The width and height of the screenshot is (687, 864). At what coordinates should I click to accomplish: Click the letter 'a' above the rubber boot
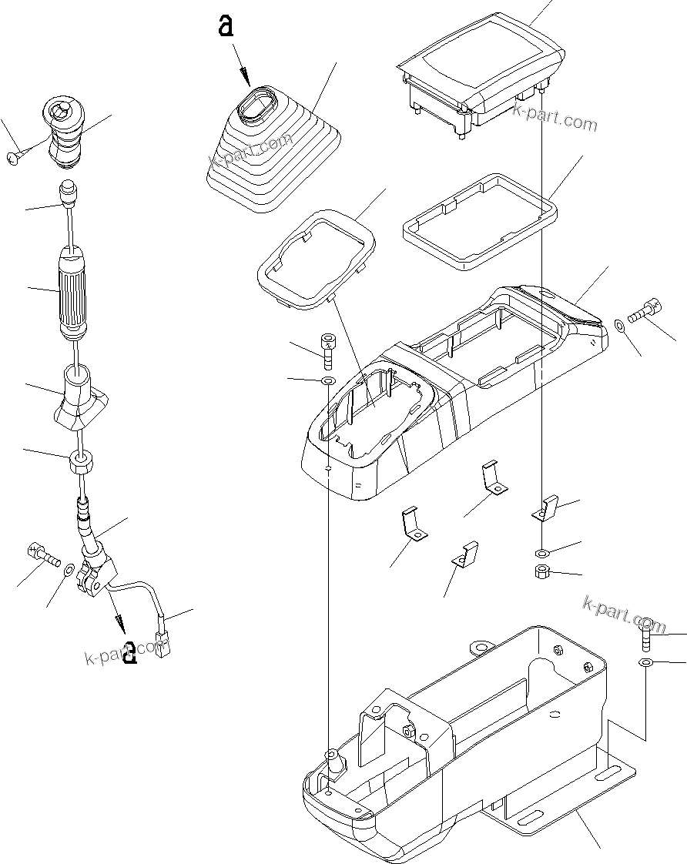tap(226, 27)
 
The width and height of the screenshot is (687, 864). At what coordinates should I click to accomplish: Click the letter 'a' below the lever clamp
tap(130, 651)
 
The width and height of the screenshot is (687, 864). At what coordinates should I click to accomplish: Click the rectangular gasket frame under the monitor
tap(479, 222)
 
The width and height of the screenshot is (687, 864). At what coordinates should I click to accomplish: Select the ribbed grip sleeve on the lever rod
tap(73, 290)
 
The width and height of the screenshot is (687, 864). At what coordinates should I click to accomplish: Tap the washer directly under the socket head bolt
tap(327, 380)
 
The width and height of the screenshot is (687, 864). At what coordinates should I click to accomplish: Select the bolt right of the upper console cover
tap(645, 312)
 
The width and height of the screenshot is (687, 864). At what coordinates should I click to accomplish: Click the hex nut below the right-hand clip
tap(541, 571)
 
